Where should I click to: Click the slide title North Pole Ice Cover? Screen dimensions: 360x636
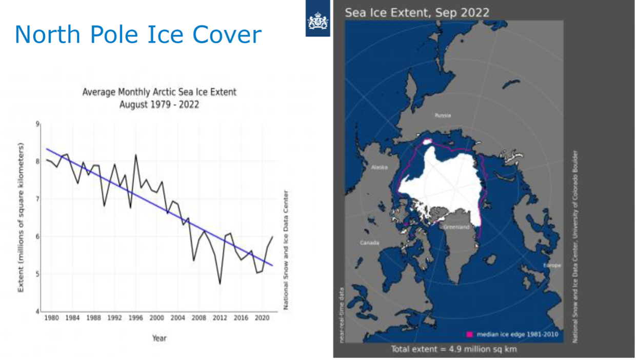point(138,34)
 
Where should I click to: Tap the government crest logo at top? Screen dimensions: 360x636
point(317,22)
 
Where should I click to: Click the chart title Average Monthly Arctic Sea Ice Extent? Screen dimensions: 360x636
point(160,92)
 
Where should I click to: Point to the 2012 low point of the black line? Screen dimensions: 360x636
point(220,284)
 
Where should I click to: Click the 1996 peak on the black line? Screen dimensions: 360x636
point(136,155)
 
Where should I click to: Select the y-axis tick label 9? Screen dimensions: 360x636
point(37,124)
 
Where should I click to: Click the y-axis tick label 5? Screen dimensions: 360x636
point(37,274)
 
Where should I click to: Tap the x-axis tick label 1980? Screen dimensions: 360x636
point(51,318)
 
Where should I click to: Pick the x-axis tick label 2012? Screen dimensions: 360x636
point(220,318)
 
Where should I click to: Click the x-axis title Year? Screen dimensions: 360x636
point(159,338)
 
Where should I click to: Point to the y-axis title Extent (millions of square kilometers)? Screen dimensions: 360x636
point(22,218)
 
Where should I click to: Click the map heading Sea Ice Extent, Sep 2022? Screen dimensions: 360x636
point(416,12)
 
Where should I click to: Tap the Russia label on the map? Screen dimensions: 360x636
point(443,116)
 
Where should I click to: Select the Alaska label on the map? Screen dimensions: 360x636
point(379,167)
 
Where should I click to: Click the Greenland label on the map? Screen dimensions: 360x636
point(456,227)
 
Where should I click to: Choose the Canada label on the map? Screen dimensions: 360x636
point(369,242)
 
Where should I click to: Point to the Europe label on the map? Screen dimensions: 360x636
point(552,265)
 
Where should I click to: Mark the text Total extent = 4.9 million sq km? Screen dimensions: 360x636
point(454,349)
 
